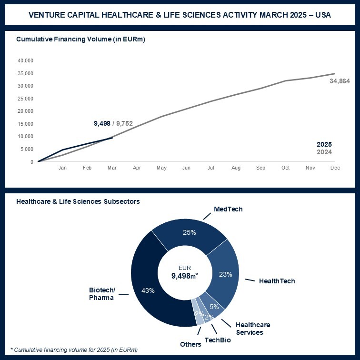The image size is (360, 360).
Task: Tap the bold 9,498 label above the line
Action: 102,123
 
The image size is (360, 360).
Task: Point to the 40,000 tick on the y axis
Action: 25,61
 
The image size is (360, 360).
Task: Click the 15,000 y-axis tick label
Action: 25,124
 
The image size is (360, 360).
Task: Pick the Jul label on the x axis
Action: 211,168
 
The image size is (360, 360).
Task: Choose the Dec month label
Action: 335,168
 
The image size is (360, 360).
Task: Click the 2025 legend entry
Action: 324,145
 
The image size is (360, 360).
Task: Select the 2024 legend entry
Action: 324,152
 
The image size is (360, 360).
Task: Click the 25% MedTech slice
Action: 190,233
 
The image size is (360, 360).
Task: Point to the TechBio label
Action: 218,340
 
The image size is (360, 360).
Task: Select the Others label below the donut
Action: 190,344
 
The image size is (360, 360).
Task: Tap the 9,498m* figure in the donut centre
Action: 184,275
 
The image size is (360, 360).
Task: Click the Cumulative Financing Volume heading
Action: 80,39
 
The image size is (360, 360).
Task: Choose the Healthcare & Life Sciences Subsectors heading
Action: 78,201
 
